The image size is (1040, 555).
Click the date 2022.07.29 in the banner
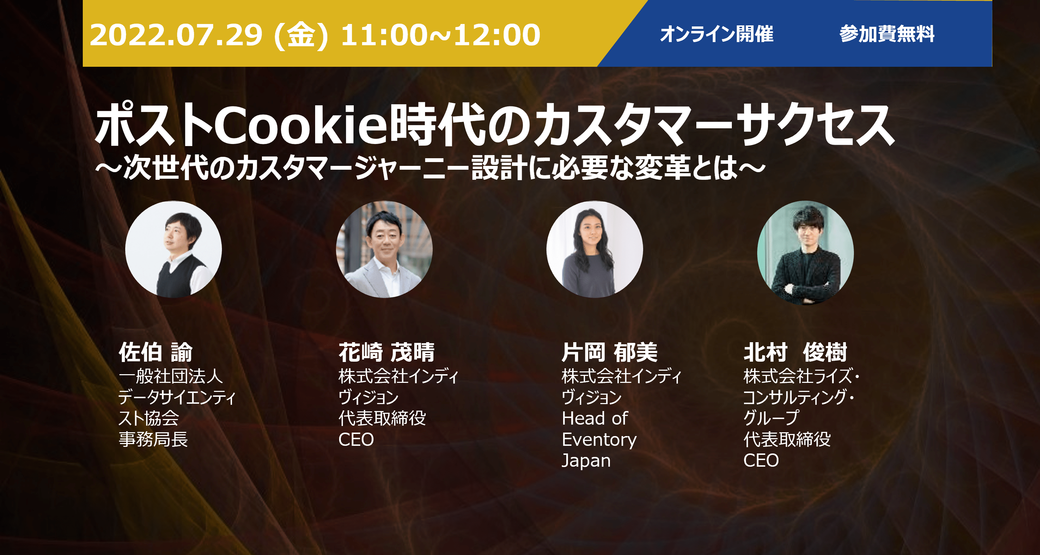click(x=176, y=35)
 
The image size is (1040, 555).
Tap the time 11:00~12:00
click(x=440, y=35)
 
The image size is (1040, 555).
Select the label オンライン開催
click(x=717, y=33)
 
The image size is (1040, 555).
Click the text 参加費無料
click(x=887, y=33)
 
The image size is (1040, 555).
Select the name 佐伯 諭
click(x=155, y=352)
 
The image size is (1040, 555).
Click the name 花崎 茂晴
click(x=386, y=352)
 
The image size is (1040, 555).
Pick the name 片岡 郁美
click(x=610, y=352)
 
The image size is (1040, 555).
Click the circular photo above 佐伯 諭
click(x=174, y=249)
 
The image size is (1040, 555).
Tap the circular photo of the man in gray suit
click(x=384, y=249)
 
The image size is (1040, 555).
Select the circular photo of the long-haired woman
click(x=595, y=249)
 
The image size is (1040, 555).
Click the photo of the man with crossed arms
click(x=806, y=252)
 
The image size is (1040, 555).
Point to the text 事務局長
click(x=153, y=439)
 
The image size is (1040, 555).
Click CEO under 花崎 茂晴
click(x=356, y=440)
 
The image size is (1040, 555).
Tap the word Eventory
click(x=599, y=440)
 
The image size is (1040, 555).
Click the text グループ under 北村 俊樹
click(x=771, y=418)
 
